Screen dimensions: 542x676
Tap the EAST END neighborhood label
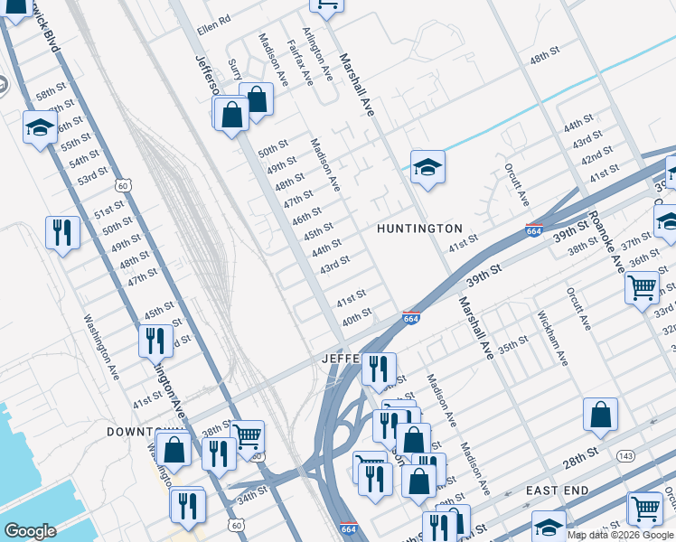558,491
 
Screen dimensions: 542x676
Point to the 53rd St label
91,175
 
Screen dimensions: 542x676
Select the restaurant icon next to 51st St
62,233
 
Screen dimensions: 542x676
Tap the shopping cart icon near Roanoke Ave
642,288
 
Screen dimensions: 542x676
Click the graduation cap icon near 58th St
40,127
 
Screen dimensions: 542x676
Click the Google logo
30,531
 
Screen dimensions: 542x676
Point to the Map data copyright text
621,535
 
